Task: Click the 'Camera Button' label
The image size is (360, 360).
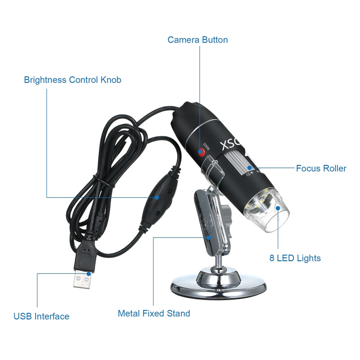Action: point(198,40)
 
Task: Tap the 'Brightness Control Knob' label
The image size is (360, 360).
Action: point(72,80)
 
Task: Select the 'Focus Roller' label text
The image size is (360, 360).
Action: point(321,168)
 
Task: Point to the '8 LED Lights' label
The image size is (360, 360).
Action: point(295,258)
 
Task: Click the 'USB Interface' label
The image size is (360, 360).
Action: point(41,316)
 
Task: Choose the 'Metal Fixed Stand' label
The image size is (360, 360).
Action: point(154,313)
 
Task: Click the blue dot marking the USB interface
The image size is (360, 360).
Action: point(90,273)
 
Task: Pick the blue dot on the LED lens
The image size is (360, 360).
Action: point(279,208)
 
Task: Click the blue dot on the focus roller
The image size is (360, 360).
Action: point(248,168)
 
